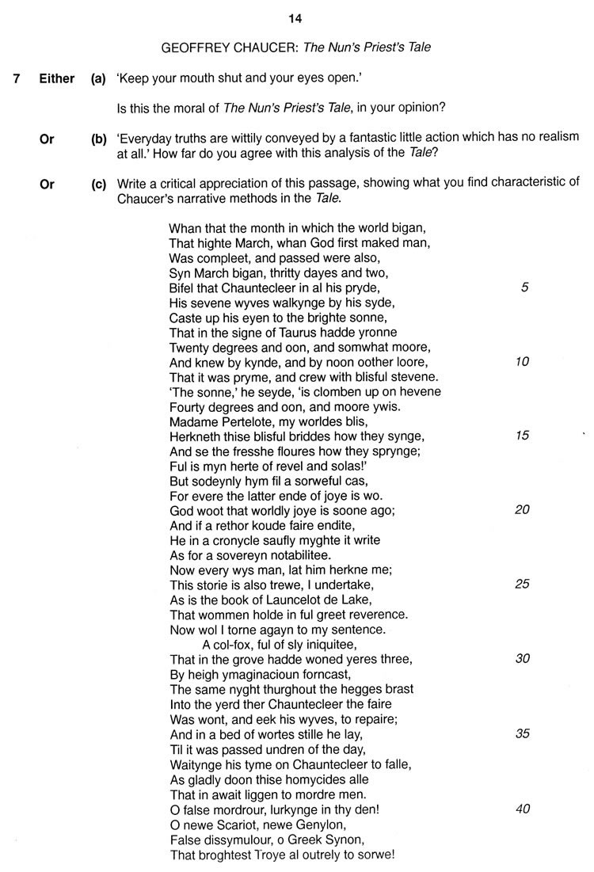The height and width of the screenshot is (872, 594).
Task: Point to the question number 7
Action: [x=17, y=78]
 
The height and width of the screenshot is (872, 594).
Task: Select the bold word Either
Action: [x=57, y=78]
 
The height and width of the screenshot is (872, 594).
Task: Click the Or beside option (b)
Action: [x=47, y=139]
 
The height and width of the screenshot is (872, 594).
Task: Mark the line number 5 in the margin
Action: [x=524, y=287]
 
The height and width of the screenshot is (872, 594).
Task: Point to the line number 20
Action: [x=522, y=509]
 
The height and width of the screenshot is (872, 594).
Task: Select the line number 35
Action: [x=522, y=733]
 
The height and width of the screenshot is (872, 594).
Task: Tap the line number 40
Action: [x=522, y=809]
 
